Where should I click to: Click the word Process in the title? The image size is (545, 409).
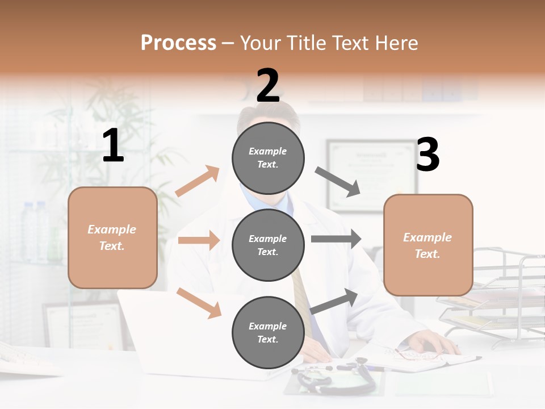pos(178,43)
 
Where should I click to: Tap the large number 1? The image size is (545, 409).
pos(113,146)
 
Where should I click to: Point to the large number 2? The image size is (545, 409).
pos(268,86)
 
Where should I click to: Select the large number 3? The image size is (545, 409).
pos(427,155)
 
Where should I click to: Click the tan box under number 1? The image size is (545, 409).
pos(112,237)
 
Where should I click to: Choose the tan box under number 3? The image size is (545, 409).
pos(428,245)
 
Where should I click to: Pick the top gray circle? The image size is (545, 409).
pos(268,157)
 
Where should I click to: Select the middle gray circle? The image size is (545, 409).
pos(268,245)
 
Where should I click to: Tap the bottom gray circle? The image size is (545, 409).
pos(268,332)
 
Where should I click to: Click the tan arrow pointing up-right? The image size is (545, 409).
pos(198,181)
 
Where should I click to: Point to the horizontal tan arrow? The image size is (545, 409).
pos(199,240)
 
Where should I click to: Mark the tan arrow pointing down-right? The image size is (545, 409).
pos(199,303)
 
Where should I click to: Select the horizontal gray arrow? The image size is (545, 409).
pos(336,239)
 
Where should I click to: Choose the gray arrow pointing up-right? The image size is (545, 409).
pos(334,301)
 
